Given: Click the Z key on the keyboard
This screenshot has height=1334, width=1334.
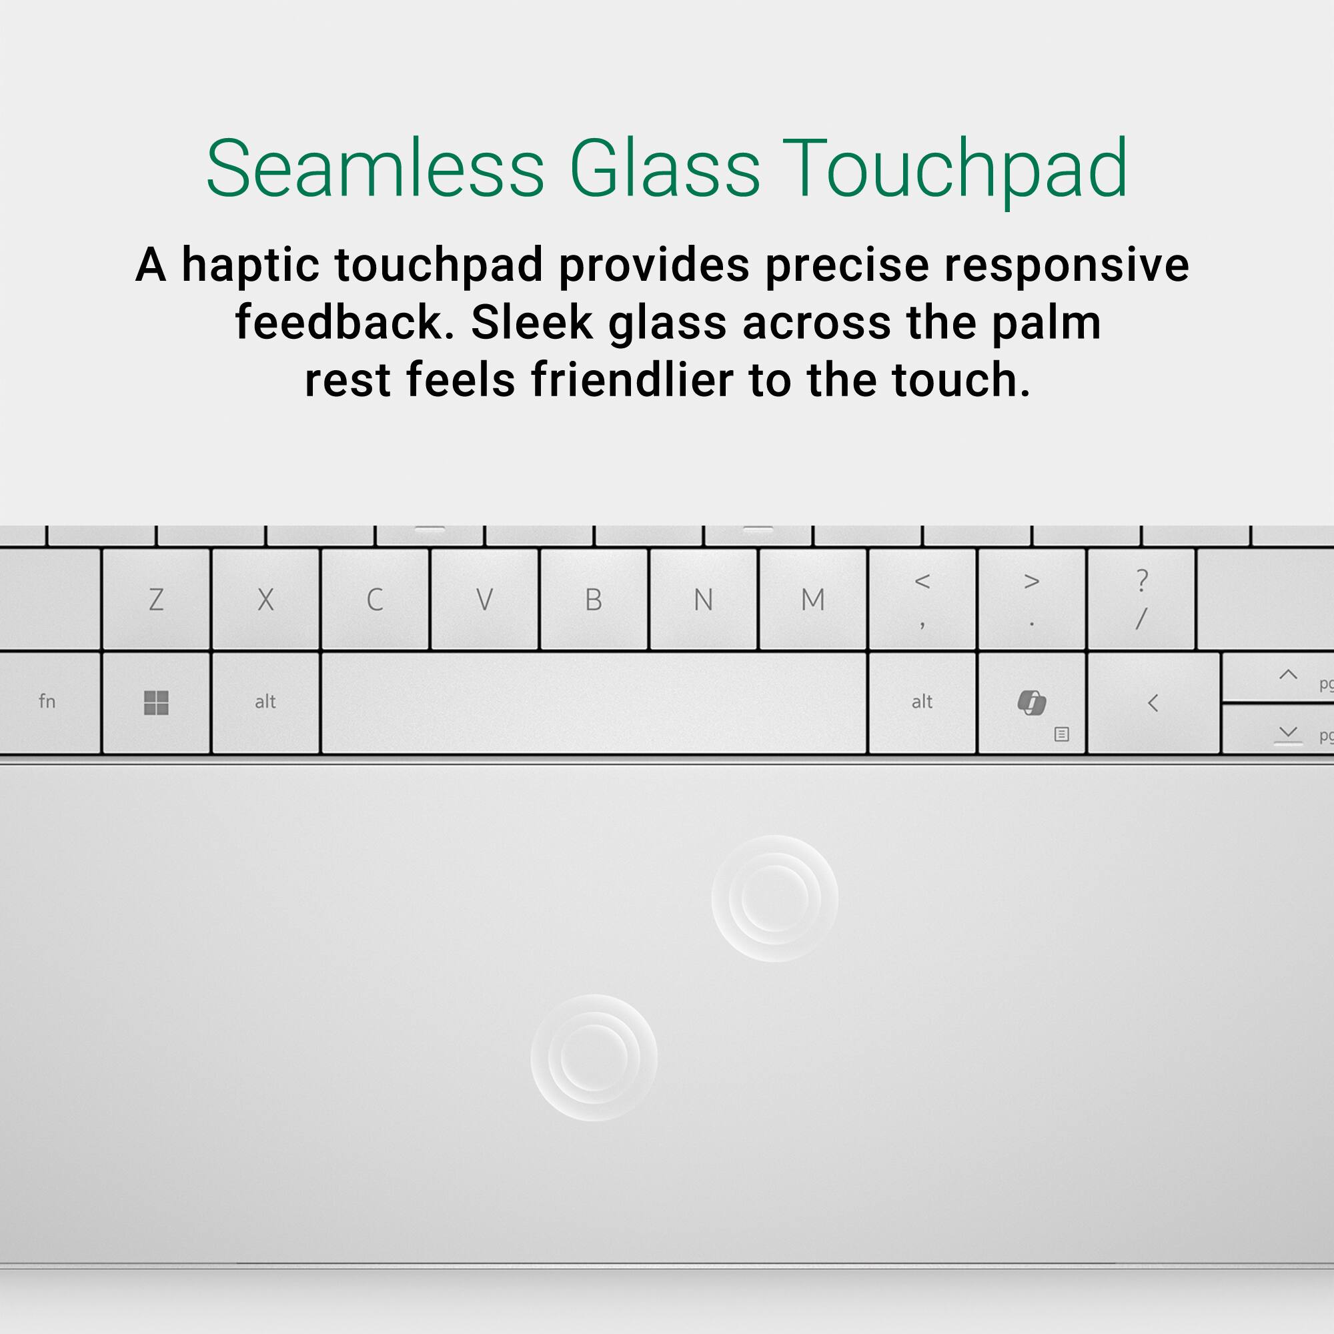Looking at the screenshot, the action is tap(156, 600).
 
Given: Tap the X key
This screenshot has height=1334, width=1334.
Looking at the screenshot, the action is tap(266, 600).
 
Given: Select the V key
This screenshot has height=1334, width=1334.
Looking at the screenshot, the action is tap(485, 600).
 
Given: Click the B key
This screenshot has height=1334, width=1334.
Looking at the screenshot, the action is tap(594, 600).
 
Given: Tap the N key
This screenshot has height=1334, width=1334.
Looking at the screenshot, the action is tap(704, 600).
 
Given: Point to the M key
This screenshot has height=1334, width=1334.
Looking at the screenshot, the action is tap(812, 600).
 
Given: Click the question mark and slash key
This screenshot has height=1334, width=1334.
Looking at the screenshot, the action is tap(1141, 600).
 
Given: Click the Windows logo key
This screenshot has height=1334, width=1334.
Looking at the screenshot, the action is tap(156, 702).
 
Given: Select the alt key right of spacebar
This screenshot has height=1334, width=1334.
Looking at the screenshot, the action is tap(922, 702).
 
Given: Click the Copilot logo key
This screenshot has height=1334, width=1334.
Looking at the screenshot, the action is tap(1033, 702).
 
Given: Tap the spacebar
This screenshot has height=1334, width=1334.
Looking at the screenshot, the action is tap(594, 702).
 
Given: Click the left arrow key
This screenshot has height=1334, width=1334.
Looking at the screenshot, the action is tap(1154, 702).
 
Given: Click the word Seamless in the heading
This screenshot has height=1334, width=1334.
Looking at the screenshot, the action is tap(376, 169).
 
